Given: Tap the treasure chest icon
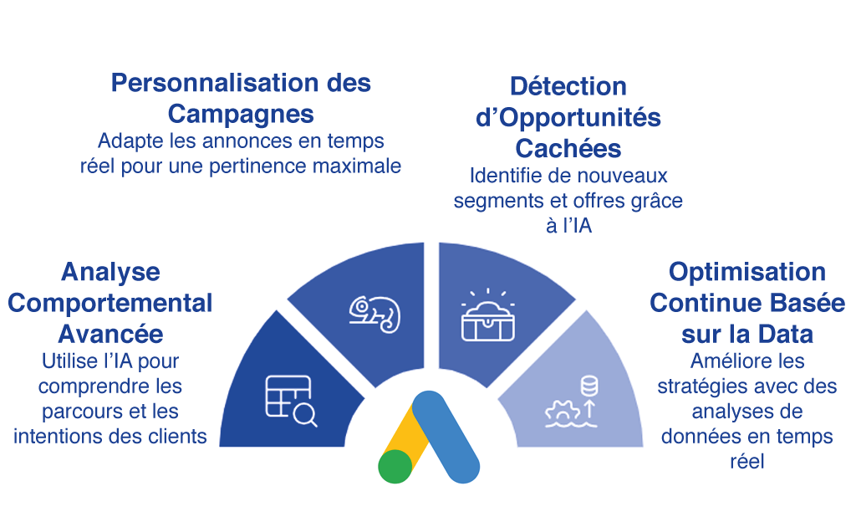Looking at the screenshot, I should [x=489, y=316].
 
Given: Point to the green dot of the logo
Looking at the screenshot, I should [x=395, y=467].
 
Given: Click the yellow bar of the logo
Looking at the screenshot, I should [x=409, y=435].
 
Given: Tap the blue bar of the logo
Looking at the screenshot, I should [x=446, y=436].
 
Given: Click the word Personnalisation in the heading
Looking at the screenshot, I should [x=213, y=82].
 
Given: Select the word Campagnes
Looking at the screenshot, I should [x=241, y=113].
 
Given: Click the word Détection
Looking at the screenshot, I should [x=568, y=86].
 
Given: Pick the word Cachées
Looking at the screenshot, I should [x=568, y=148].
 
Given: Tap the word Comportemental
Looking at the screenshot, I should [x=110, y=302].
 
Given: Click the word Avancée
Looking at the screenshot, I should [x=110, y=333].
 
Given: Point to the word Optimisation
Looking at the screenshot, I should [x=747, y=272].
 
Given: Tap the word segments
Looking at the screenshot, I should [x=493, y=201].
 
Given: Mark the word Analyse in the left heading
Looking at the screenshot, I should [x=110, y=272].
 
